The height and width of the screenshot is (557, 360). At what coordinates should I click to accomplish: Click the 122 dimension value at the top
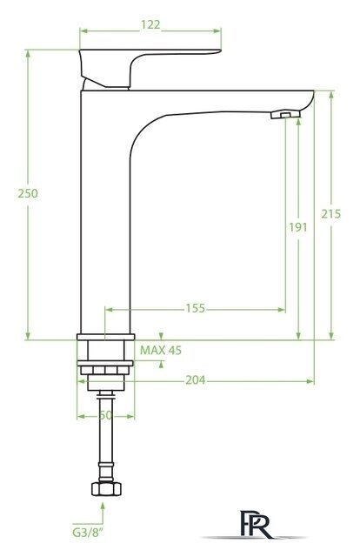150,25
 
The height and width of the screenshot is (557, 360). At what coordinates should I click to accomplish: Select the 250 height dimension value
28,193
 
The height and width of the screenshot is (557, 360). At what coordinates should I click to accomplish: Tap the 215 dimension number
331,214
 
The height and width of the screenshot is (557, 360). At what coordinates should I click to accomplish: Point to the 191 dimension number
298,227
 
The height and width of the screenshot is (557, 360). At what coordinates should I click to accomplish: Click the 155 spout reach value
196,308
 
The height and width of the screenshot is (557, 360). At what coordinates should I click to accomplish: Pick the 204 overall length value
196,380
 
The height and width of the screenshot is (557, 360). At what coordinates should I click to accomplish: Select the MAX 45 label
161,350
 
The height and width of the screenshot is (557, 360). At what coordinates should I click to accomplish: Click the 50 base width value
105,415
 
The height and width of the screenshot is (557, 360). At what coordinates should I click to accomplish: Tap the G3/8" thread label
85,533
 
